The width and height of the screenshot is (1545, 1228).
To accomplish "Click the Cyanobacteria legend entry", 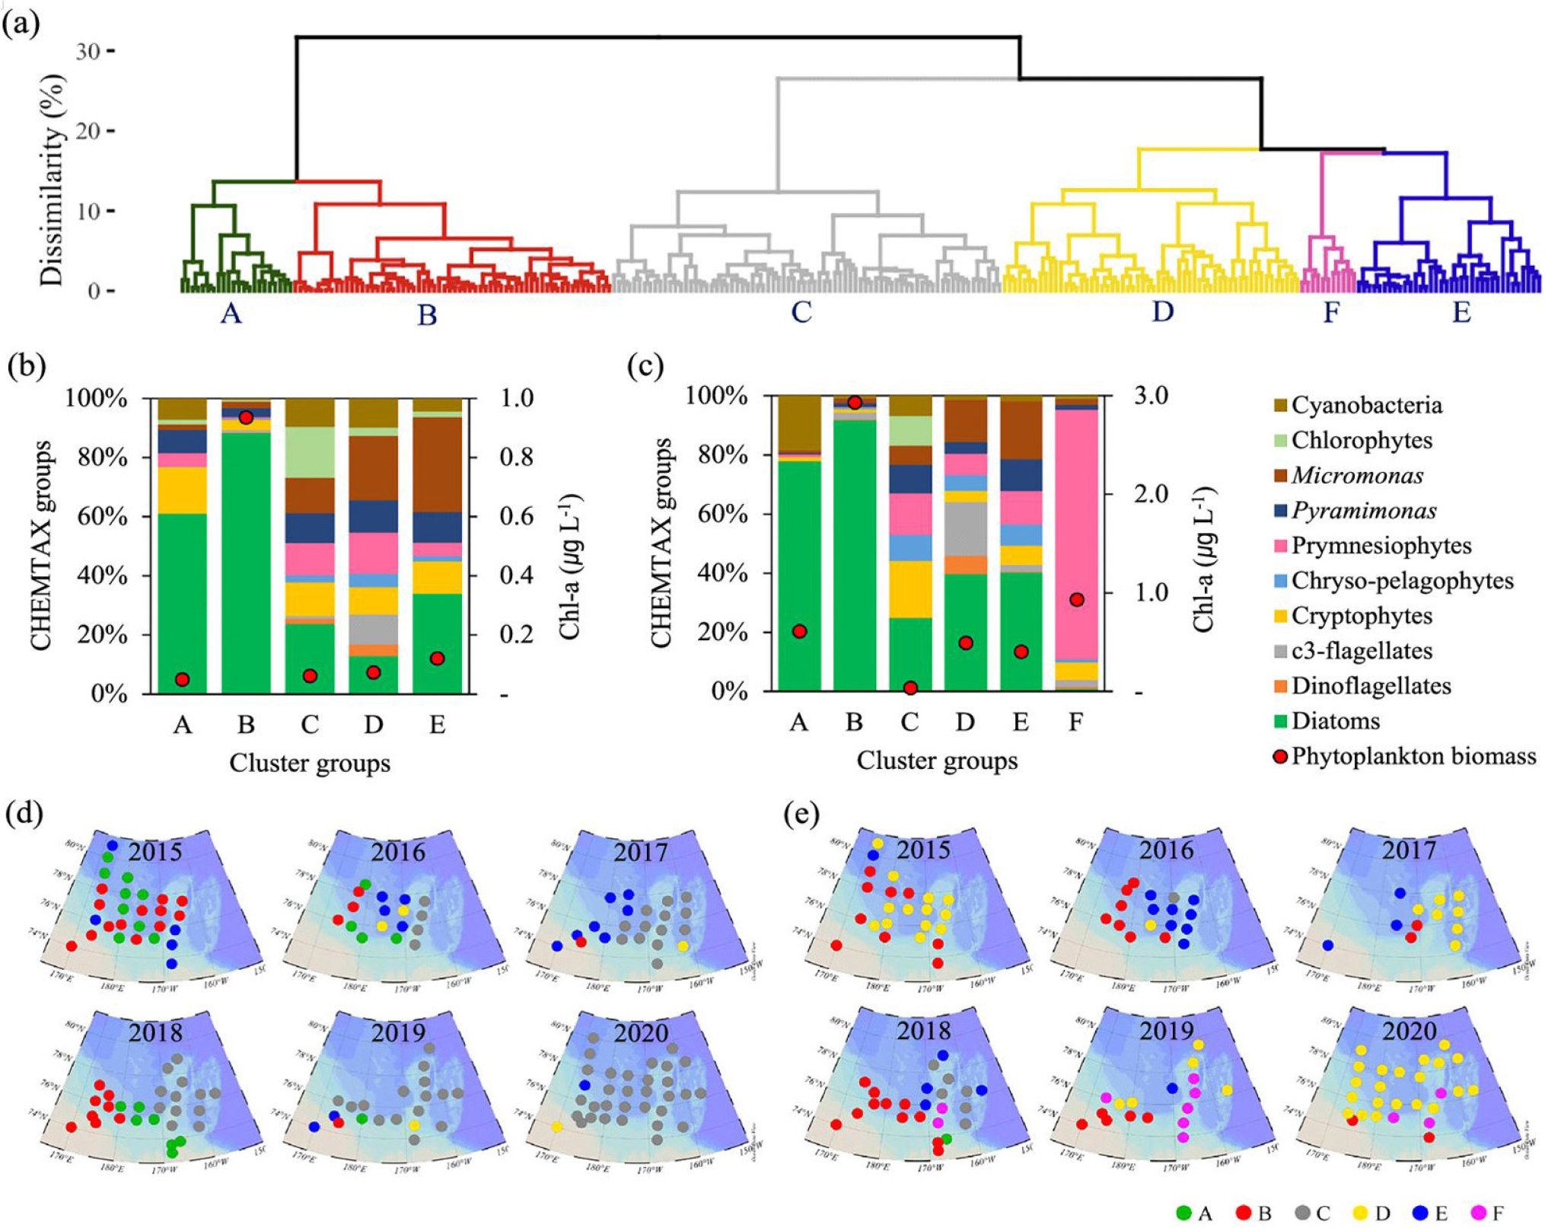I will pyautogui.click(x=1366, y=405).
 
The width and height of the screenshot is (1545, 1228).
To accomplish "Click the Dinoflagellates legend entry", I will pyautogui.click(x=1371, y=686).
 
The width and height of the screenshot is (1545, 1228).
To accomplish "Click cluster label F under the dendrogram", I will pyautogui.click(x=1330, y=312).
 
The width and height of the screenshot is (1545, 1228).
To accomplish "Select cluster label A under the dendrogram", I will pyautogui.click(x=231, y=313).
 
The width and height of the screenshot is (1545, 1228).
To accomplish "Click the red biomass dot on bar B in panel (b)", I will pyautogui.click(x=245, y=417).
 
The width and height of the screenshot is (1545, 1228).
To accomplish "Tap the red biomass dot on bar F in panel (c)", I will pyautogui.click(x=1076, y=600).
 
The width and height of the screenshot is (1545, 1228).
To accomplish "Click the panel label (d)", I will pyautogui.click(x=24, y=814).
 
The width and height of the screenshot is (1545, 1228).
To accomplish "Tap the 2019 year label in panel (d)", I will pyautogui.click(x=398, y=1033).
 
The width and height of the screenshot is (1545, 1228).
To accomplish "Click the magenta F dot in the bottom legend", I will pyautogui.click(x=1478, y=1213).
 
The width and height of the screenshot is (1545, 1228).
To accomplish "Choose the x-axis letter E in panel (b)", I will pyautogui.click(x=437, y=724).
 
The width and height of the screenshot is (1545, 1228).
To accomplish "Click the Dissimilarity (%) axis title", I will pyautogui.click(x=52, y=180).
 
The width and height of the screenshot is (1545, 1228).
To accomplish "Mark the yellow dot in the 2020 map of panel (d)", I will pyautogui.click(x=557, y=1127).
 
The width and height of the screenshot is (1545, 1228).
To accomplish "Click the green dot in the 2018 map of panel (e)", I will pyautogui.click(x=946, y=1139).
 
